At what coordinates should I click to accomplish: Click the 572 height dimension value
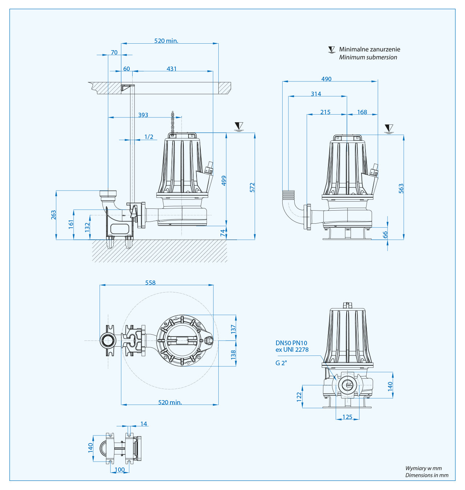pos(252,187)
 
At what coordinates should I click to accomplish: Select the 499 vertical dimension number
pos(224,181)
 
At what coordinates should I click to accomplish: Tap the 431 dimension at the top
pos(171,69)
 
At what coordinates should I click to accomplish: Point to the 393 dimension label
pos(143,115)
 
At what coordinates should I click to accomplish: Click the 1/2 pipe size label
pos(149,137)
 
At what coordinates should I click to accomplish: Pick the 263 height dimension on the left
pos(54,215)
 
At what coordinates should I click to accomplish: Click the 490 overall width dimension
pos(326,79)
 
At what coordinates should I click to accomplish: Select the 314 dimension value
pos(316,94)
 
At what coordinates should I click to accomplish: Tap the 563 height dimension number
pos(401,188)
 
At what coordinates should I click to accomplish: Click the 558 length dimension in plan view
pos(150,283)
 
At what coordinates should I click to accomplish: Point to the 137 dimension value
pos(233,329)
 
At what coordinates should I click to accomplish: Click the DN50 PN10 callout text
pos(291,343)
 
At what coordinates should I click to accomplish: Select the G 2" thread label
pos(281,363)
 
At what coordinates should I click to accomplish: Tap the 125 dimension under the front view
pos(347,417)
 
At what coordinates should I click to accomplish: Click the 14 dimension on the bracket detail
pos(143,424)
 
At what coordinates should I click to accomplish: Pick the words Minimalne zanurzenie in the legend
pos(369,49)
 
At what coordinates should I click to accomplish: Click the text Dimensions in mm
pos(426,475)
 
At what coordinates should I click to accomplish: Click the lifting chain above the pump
pos(172,123)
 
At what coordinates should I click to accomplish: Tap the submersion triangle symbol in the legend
pos(331,49)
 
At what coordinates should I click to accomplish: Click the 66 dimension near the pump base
pos(385,235)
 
